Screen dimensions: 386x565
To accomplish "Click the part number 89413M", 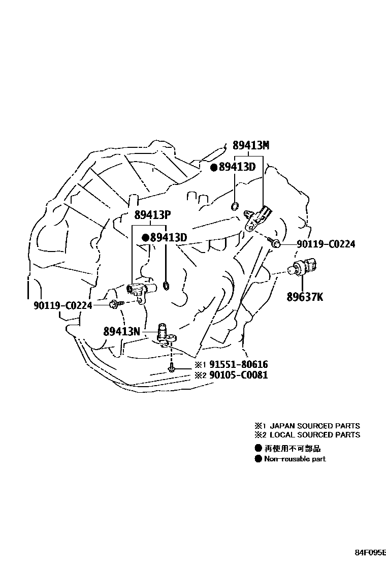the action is coord(251,145).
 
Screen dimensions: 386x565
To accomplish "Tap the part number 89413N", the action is coord(121,331).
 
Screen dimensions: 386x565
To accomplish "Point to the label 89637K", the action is coord(304,297).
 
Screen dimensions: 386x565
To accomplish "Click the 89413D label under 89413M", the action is coord(237,167).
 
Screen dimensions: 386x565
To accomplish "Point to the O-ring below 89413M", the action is coord(235,206).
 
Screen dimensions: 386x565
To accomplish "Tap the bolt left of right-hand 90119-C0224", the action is coord(276,244).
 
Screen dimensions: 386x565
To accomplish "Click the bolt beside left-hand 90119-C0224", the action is coord(114,304).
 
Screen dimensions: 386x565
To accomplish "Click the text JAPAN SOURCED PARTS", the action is coord(314,426).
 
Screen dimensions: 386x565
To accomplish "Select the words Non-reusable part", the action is coord(295,459).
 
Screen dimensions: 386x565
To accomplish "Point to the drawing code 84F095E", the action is coord(370,552).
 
